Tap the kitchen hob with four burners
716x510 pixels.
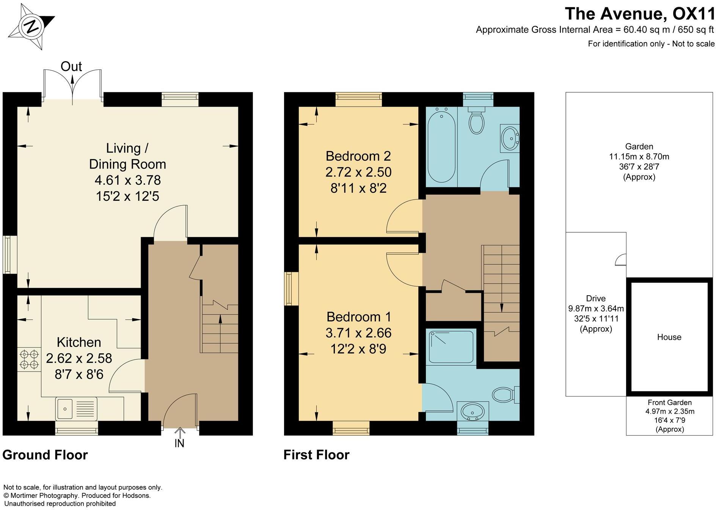click(29, 359)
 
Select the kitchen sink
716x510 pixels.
click(76, 408)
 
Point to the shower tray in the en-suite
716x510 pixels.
click(451, 346)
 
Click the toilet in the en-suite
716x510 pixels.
click(506, 395)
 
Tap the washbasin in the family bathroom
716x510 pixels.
click(510, 139)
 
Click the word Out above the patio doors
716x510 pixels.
click(71, 67)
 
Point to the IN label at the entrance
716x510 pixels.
click(179, 443)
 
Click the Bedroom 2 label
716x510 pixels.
click(358, 156)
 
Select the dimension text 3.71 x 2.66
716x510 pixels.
click(358, 333)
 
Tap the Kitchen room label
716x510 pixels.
click(79, 342)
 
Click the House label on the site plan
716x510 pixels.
click(669, 337)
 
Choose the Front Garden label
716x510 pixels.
click(669, 403)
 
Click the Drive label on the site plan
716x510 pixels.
click(596, 298)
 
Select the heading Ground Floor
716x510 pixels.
click(45, 455)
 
